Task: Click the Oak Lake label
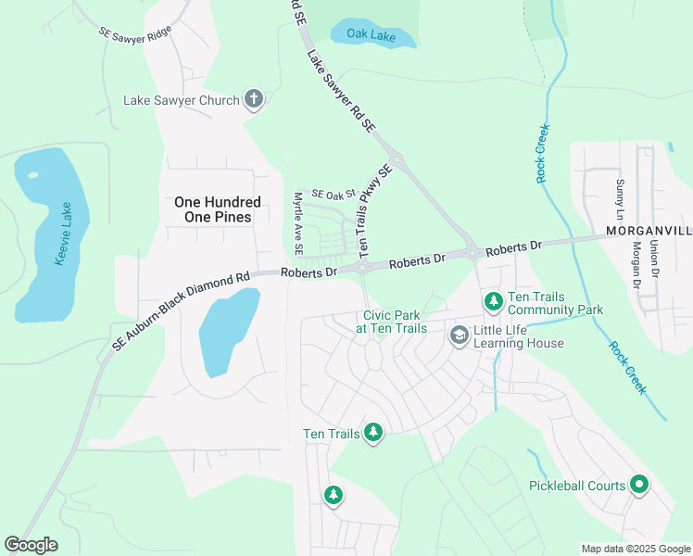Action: tap(371, 34)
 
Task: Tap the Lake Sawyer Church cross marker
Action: tap(254, 99)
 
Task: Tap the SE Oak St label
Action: tap(334, 194)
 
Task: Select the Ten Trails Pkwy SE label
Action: tap(378, 212)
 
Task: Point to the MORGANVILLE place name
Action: tap(649, 229)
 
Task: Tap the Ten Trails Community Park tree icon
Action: tap(494, 301)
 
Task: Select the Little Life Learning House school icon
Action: tap(458, 335)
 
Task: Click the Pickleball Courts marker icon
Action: tap(639, 484)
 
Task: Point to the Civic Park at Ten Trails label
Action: tap(391, 322)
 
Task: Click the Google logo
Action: tap(31, 545)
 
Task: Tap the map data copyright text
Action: tap(636, 549)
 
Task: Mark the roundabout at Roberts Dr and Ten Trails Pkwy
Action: tap(363, 268)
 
